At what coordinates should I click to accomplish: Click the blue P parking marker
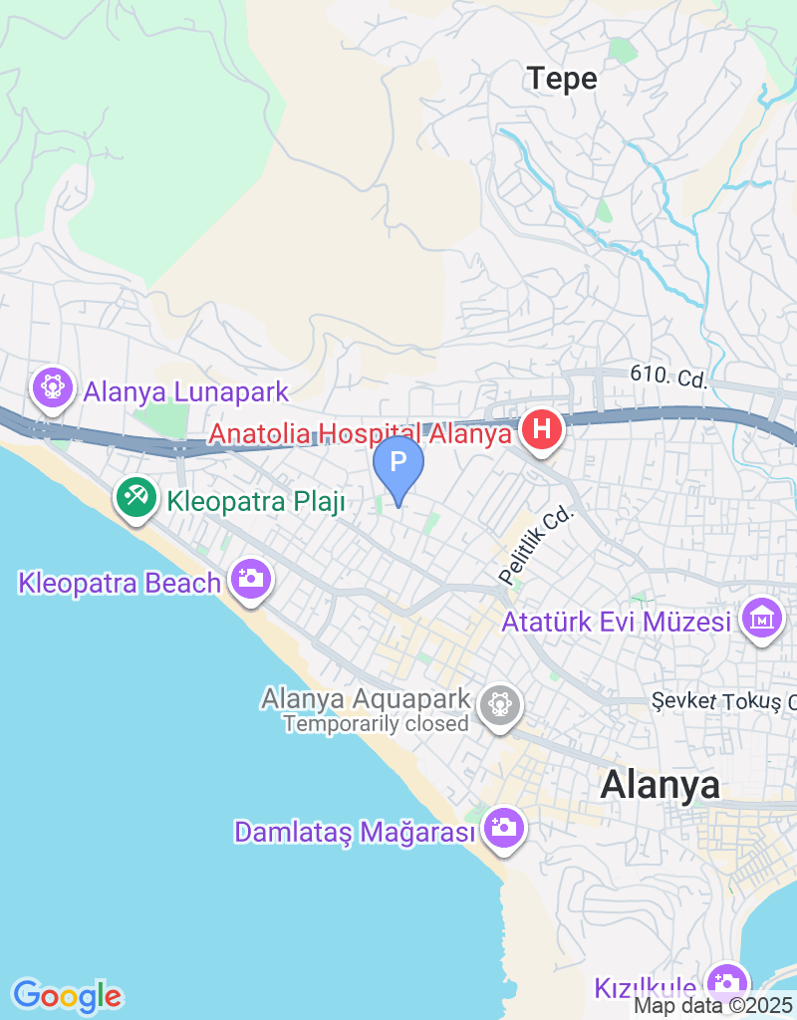[x=398, y=463]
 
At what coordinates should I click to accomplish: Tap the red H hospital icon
[x=541, y=431]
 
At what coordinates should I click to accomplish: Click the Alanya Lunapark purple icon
[x=52, y=386]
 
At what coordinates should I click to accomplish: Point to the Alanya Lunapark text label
[x=186, y=391]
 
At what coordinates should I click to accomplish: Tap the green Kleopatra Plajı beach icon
[x=135, y=496]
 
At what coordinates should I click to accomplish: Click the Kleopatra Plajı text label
[x=256, y=502]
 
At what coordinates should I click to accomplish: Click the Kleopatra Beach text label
[x=120, y=583]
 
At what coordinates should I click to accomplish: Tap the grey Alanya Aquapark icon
[x=500, y=705]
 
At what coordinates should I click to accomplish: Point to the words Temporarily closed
[x=376, y=724]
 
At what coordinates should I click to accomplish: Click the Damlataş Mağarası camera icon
[x=504, y=827]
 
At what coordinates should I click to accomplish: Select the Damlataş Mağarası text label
[x=354, y=832]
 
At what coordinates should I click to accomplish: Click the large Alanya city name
[x=660, y=785]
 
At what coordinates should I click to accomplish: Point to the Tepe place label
[x=562, y=79]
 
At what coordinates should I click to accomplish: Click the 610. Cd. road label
[x=668, y=378]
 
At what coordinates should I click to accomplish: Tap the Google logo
[x=67, y=994]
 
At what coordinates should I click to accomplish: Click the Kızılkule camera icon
[x=727, y=980]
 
